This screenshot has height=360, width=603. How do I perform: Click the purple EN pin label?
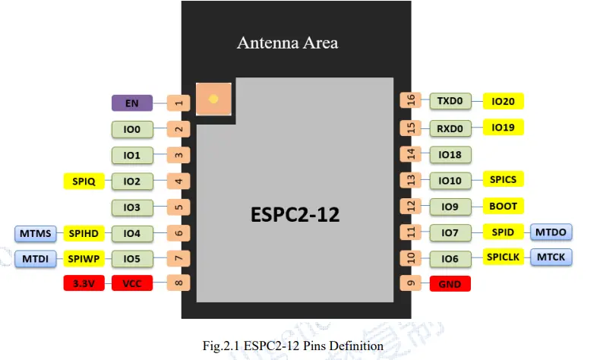(131, 103)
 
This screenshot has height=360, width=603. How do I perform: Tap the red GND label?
(450, 284)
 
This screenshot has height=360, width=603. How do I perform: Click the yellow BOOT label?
(503, 206)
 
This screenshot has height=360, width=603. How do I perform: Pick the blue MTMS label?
(36, 232)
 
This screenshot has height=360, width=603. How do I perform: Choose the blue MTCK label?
(551, 257)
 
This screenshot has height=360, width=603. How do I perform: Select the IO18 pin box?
(450, 154)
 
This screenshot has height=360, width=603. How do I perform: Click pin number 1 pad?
(178, 103)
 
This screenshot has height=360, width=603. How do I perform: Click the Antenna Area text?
(287, 43)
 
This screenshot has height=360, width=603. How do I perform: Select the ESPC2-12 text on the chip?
(295, 214)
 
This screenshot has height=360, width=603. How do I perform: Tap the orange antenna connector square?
(213, 99)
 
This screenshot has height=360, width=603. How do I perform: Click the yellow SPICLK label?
(503, 257)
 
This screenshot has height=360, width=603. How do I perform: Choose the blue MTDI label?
(36, 259)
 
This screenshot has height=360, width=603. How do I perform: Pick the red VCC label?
(131, 283)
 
